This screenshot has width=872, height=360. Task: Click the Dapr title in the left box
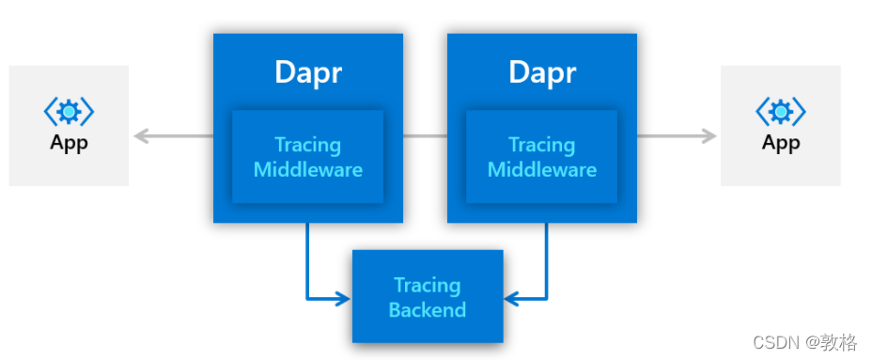307,72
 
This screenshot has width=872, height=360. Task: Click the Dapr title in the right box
541,72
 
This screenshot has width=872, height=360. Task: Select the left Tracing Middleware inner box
307,157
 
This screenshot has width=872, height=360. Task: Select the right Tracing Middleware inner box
541,157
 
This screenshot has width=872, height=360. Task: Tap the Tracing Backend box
428,296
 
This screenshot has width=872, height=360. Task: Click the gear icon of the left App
69,113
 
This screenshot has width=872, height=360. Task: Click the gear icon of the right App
780,113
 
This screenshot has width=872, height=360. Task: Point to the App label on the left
69,143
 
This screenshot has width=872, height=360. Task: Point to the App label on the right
780,143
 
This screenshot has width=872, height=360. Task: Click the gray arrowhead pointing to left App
141,136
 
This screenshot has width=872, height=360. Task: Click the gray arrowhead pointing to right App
708,136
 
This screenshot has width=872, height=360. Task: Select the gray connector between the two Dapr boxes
425,136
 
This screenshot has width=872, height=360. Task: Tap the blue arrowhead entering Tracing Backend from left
343,299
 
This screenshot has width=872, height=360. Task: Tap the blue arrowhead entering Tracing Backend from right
512,299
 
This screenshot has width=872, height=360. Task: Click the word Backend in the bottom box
428,309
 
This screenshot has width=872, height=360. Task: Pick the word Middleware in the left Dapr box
307,170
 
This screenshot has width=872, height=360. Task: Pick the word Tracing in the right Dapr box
541,145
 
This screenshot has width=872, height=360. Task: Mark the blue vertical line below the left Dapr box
307,258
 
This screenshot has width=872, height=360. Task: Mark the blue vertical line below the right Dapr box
547,258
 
